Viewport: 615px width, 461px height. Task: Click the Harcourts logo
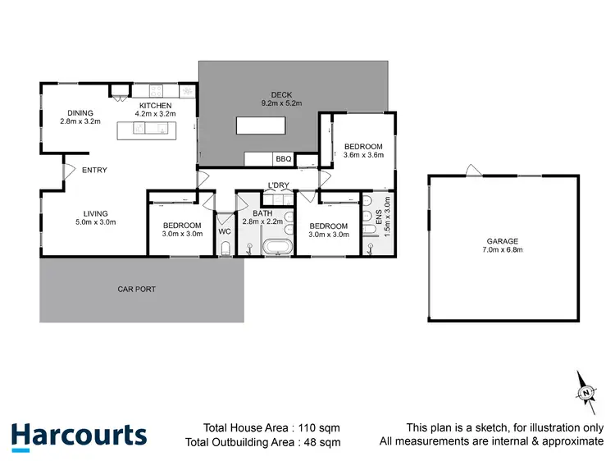coord(79,436)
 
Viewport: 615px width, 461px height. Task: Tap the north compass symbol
coord(586,391)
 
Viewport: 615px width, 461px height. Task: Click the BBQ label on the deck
coord(284,158)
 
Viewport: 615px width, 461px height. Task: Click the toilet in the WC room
coord(225,249)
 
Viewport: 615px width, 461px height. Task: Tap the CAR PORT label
coord(136,289)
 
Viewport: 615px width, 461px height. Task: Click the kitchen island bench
coord(154,130)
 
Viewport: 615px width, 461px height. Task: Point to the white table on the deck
coord(262,126)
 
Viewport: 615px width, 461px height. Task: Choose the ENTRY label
coord(94,171)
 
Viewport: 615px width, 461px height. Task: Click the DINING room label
coord(80,112)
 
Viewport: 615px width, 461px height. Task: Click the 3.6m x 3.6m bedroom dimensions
coord(363,155)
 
